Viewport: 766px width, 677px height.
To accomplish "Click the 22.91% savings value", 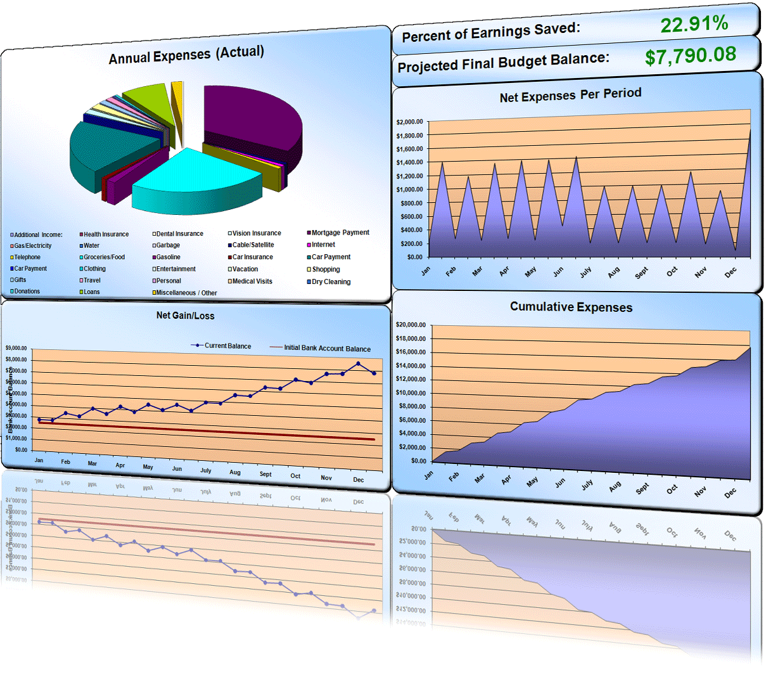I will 694,24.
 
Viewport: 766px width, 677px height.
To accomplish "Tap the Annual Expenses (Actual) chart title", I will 186,55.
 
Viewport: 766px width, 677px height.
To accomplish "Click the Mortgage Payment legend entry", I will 340,233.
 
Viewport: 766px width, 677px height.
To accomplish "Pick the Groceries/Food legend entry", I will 104,257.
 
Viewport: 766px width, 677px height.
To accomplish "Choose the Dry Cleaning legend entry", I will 331,282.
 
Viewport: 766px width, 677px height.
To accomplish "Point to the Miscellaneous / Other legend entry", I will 186,293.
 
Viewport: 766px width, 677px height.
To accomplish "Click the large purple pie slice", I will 253,114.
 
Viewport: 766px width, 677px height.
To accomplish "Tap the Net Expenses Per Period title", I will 570,96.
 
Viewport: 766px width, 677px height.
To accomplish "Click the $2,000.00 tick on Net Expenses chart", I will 409,122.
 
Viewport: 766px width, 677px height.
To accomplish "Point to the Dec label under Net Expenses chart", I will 731,273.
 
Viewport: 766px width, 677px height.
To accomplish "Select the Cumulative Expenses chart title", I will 571,307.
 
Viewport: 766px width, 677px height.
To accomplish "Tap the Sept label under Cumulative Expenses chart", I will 642,488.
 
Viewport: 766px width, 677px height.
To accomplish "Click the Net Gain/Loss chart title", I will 185,316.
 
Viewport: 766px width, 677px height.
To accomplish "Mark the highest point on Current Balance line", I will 358,364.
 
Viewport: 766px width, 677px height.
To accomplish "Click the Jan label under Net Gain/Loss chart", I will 39,460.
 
